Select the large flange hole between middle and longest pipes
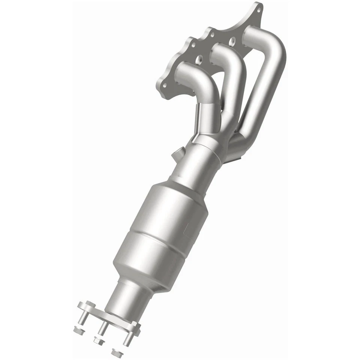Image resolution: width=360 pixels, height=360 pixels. pyautogui.click(x=232, y=39)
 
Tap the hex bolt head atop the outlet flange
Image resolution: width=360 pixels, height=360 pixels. pyautogui.click(x=90, y=304)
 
